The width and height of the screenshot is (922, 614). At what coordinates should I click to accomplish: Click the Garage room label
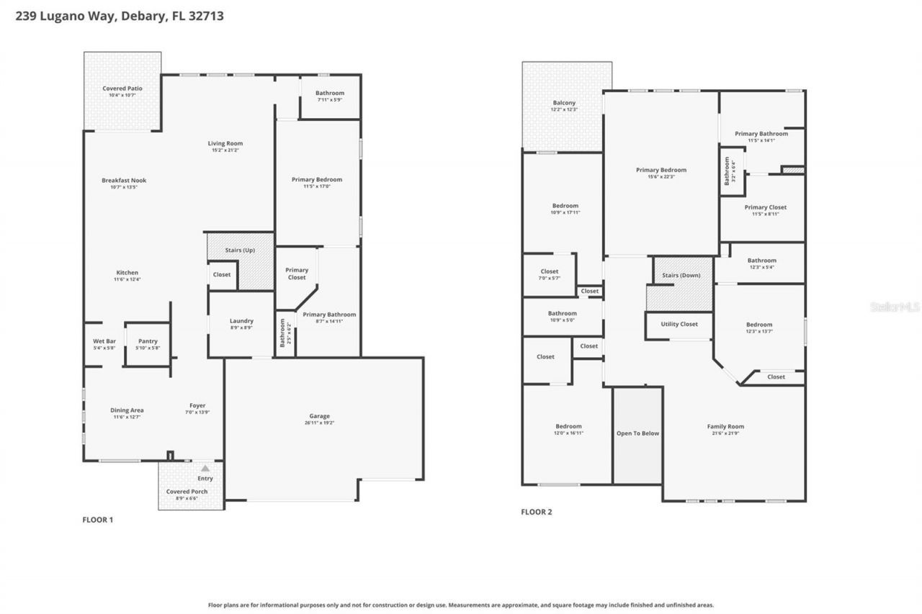click(319, 416)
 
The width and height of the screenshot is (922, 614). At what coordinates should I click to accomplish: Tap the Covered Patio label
click(122, 89)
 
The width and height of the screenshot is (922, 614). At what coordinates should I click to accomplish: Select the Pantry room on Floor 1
click(148, 342)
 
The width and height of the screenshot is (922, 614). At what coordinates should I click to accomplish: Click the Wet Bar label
click(104, 341)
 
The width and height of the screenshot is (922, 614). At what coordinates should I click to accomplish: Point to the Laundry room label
click(241, 321)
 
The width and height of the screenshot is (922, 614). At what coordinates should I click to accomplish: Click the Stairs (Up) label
click(239, 250)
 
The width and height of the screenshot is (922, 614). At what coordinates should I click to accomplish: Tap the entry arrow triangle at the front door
click(205, 468)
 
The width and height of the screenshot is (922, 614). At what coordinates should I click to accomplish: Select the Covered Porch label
click(187, 492)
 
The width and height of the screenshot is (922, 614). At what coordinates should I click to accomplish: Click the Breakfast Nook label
click(124, 181)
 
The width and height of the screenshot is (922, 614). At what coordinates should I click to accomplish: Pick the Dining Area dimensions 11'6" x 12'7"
click(127, 417)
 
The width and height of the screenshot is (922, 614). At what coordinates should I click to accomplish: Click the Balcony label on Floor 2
click(564, 103)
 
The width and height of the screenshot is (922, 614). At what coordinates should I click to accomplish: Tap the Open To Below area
click(637, 433)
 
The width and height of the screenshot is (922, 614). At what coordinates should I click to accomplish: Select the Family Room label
click(725, 427)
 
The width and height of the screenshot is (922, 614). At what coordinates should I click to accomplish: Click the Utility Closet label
click(679, 325)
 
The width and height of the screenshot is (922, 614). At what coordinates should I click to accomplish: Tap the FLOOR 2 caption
click(536, 513)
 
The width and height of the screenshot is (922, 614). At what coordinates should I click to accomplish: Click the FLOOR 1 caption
click(98, 520)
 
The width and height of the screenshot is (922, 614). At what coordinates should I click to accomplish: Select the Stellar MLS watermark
click(894, 307)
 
